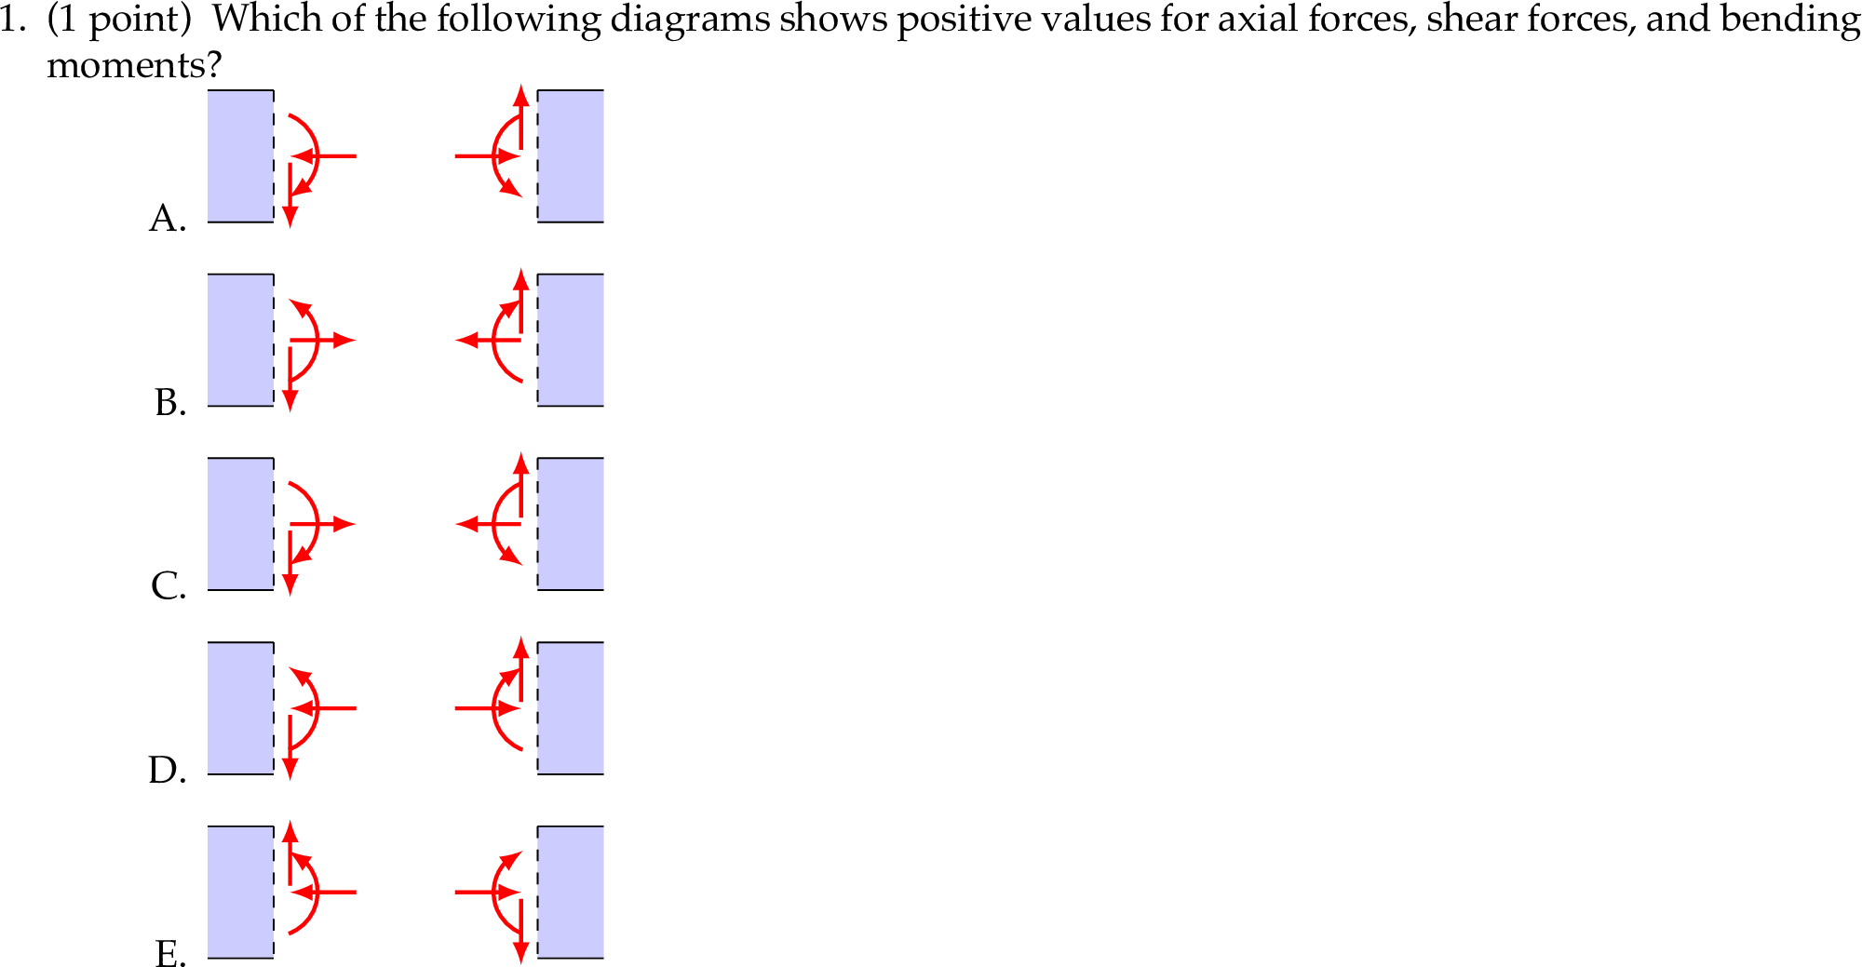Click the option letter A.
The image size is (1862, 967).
click(x=167, y=218)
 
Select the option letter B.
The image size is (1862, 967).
click(x=169, y=402)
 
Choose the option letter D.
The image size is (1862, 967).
click(x=167, y=771)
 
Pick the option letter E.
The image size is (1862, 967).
click(x=169, y=954)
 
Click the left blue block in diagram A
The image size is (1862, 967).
click(x=240, y=156)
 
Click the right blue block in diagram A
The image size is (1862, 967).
click(x=571, y=156)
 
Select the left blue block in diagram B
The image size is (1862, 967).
click(x=240, y=340)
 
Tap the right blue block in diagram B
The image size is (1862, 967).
click(x=571, y=340)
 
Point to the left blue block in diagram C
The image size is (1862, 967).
click(x=240, y=524)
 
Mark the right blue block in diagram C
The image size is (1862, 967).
click(x=571, y=524)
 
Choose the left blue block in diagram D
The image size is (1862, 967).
click(x=240, y=708)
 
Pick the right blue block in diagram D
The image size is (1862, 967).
click(x=571, y=708)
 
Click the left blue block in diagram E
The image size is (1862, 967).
click(x=240, y=892)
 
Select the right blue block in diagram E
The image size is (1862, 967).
click(x=571, y=892)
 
